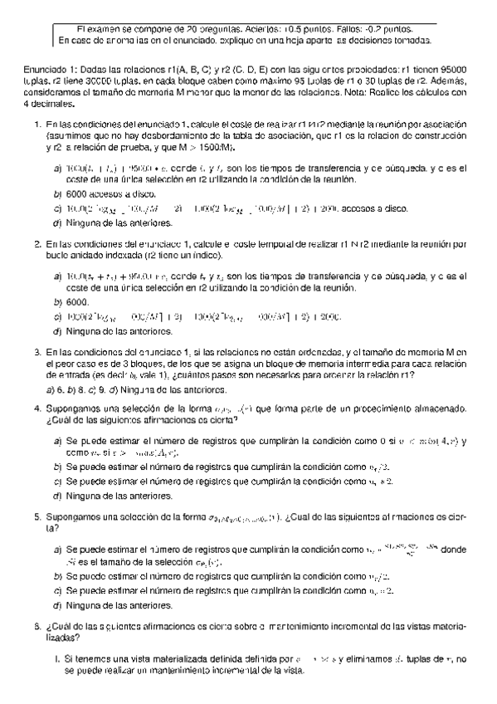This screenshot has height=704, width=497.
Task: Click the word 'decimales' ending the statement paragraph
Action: pos(51,105)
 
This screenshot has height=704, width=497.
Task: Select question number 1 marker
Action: pos(37,124)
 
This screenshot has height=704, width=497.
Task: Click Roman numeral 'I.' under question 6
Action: pos(56,659)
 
